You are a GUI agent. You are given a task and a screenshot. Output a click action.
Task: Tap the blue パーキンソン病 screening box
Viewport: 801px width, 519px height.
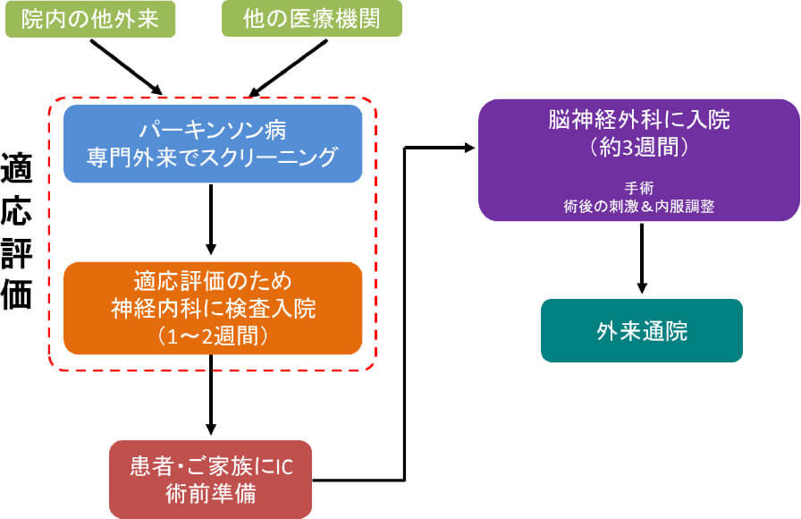(x=213, y=144)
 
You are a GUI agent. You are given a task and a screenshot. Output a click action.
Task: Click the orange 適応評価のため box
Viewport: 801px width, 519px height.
(x=213, y=308)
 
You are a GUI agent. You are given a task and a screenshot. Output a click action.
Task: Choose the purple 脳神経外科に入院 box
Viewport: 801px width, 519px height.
(x=639, y=159)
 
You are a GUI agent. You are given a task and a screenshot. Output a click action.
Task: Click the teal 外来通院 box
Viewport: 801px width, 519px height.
(x=642, y=330)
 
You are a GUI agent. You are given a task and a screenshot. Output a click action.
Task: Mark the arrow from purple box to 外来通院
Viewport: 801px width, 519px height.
(x=642, y=257)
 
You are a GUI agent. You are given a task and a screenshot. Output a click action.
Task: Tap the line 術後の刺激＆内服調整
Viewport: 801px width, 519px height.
(x=640, y=205)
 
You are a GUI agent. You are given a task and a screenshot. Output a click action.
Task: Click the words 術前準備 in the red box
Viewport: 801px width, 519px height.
(x=212, y=493)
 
